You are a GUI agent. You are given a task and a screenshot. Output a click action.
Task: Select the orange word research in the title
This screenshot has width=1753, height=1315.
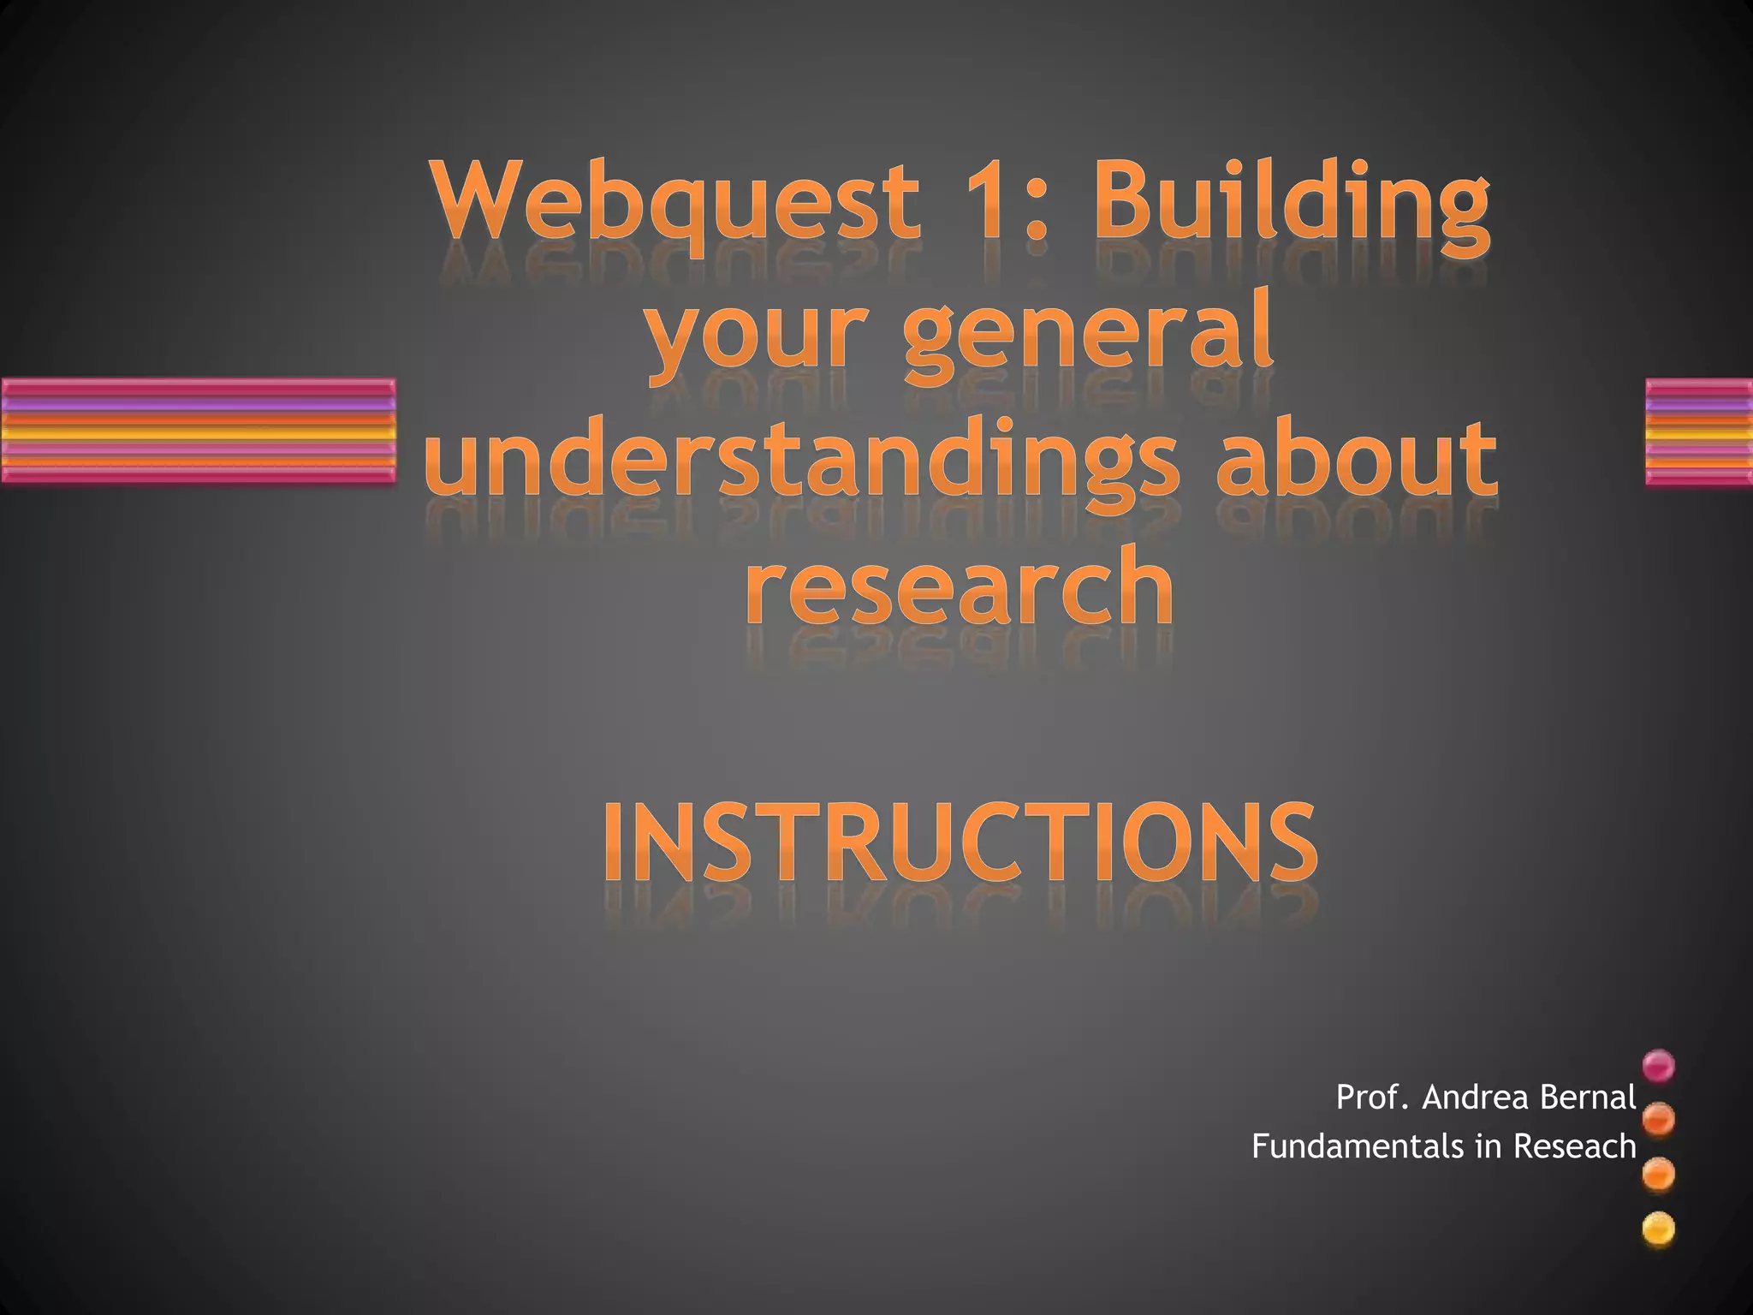960,586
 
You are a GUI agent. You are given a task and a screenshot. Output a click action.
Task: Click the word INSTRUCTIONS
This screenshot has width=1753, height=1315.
960,842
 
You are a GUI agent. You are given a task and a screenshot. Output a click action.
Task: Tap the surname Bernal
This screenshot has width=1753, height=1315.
1588,1097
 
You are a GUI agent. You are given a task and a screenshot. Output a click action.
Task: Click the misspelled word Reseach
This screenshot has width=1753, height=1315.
1575,1146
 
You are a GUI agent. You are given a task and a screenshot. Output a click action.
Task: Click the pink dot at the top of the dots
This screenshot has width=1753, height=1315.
1659,1066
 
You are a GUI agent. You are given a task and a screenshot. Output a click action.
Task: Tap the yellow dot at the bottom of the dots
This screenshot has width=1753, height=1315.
1659,1231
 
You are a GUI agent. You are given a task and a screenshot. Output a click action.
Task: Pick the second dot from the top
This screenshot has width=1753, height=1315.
1659,1119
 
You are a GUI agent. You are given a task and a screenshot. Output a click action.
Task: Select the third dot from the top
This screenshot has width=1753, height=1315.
1659,1175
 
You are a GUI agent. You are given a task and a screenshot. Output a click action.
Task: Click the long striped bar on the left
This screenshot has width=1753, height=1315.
198,431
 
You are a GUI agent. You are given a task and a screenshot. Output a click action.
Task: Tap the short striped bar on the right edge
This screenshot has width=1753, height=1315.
1699,431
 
